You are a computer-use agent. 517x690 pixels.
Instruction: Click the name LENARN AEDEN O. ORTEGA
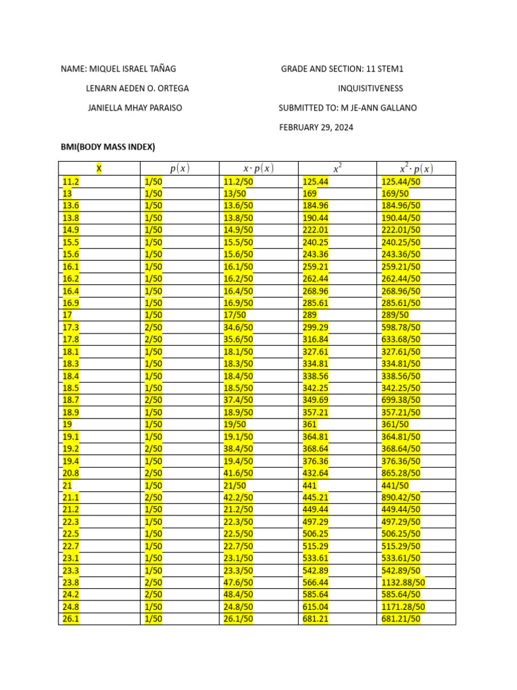(137, 88)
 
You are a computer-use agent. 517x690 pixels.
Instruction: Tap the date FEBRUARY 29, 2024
(316, 127)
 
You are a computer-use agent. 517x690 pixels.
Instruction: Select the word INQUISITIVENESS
(370, 88)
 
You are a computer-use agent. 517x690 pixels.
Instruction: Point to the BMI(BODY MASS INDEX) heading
(108, 147)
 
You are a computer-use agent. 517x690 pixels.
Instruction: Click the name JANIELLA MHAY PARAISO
(135, 108)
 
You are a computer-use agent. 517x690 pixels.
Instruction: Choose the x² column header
(337, 168)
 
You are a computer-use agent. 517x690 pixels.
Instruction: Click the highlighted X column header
(99, 168)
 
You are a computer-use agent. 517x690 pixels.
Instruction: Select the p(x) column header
(179, 168)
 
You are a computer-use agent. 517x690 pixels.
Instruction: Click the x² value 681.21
(316, 619)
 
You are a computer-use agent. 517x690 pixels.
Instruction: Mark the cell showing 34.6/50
(238, 327)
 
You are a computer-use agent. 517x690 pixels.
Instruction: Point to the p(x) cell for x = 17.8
(153, 339)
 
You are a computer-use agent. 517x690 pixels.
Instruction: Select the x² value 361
(310, 425)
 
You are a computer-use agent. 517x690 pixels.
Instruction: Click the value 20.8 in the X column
(71, 473)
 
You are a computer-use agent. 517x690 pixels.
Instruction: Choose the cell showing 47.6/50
(238, 582)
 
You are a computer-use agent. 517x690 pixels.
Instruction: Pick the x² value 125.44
(316, 181)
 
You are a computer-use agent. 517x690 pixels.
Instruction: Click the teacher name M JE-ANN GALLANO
(391, 108)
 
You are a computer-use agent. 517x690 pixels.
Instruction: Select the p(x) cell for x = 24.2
(153, 594)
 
